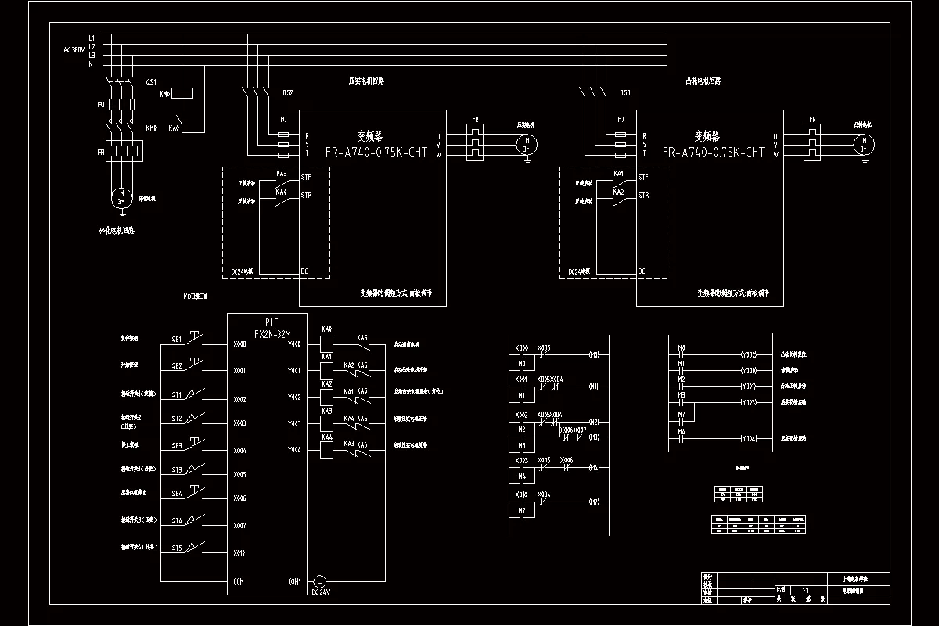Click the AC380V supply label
pyautogui.click(x=74, y=50)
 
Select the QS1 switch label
pyautogui.click(x=152, y=81)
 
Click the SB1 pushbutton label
pyautogui.click(x=177, y=340)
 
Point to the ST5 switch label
pyautogui.click(x=177, y=549)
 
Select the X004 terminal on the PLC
pyautogui.click(x=239, y=451)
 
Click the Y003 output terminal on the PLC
pyautogui.click(x=294, y=424)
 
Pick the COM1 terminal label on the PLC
pyautogui.click(x=294, y=581)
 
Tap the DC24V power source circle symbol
pyautogui.click(x=318, y=582)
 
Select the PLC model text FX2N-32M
pyautogui.click(x=272, y=333)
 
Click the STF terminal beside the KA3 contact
pyautogui.click(x=306, y=178)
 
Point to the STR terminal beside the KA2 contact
pyautogui.click(x=643, y=196)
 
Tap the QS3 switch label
pyautogui.click(x=624, y=93)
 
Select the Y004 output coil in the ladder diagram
pyautogui.click(x=748, y=439)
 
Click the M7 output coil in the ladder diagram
pyautogui.click(x=594, y=502)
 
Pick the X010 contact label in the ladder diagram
pyautogui.click(x=521, y=495)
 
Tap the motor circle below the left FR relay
pyautogui.click(x=121, y=196)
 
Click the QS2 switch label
pyautogui.click(x=288, y=93)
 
